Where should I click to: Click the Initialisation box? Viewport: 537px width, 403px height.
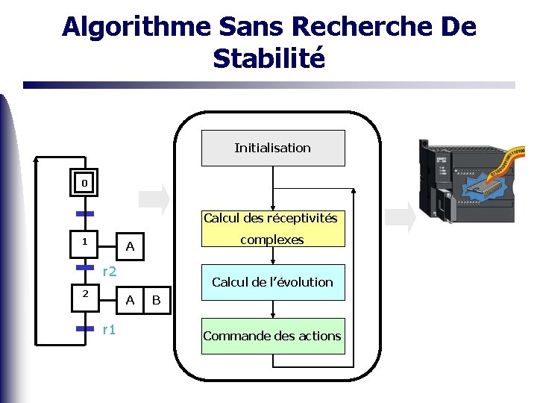(273, 148)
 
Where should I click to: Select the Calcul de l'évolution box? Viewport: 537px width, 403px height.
(273, 282)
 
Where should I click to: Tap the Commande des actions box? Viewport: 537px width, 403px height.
(273, 336)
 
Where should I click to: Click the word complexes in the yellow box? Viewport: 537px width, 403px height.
(272, 240)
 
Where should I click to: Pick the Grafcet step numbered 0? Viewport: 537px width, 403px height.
(84, 183)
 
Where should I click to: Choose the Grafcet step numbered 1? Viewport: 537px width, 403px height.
(84, 242)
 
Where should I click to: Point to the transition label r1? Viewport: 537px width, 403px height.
(109, 329)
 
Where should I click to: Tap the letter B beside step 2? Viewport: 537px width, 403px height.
(156, 300)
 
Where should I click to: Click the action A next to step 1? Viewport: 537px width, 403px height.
(130, 246)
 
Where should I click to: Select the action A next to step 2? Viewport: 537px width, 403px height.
(130, 300)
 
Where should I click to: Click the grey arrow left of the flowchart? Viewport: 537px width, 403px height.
(155, 198)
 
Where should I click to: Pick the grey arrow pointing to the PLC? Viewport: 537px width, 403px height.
(401, 216)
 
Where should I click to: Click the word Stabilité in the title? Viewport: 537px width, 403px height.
(269, 58)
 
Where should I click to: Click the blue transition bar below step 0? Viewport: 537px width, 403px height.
(84, 213)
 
